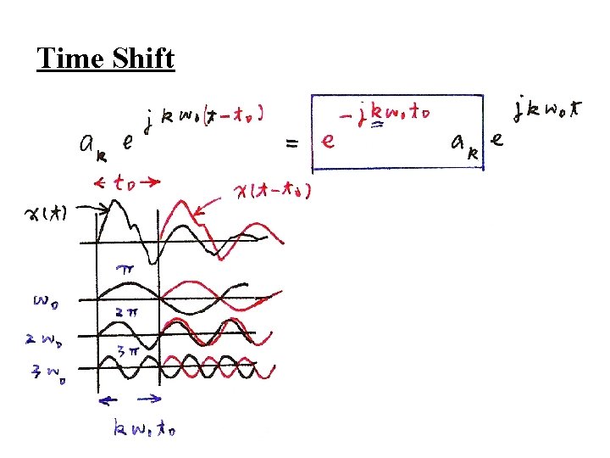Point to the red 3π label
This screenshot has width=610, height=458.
click(127, 347)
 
